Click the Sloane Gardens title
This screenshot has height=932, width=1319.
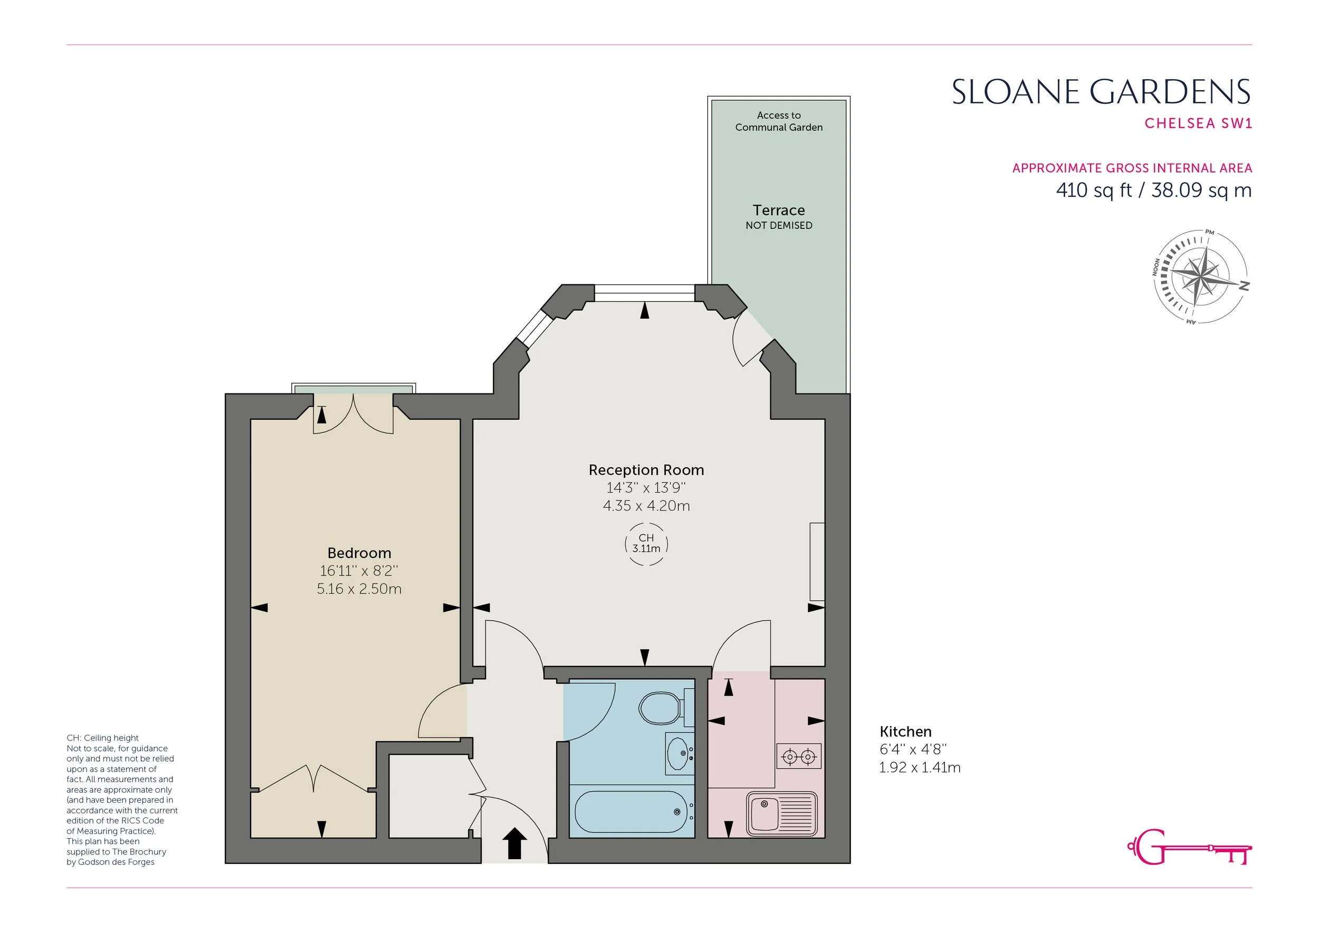[1101, 92]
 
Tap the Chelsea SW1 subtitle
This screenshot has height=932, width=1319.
[1198, 123]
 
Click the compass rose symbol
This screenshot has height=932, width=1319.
[1200, 277]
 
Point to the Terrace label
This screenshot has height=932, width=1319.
[778, 210]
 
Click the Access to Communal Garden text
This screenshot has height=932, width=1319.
[778, 121]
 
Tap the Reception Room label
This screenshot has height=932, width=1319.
[646, 470]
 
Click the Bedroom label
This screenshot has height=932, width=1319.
[359, 553]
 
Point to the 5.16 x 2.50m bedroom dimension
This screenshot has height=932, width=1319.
[359, 589]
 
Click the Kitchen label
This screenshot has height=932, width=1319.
[905, 732]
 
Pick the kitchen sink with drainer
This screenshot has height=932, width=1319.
[782, 814]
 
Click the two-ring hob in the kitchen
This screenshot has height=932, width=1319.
[799, 756]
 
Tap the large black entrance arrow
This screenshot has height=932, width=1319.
[515, 843]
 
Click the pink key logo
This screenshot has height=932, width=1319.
[1189, 847]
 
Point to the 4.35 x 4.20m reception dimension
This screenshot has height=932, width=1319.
[646, 506]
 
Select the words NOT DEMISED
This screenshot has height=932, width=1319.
[779, 226]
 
